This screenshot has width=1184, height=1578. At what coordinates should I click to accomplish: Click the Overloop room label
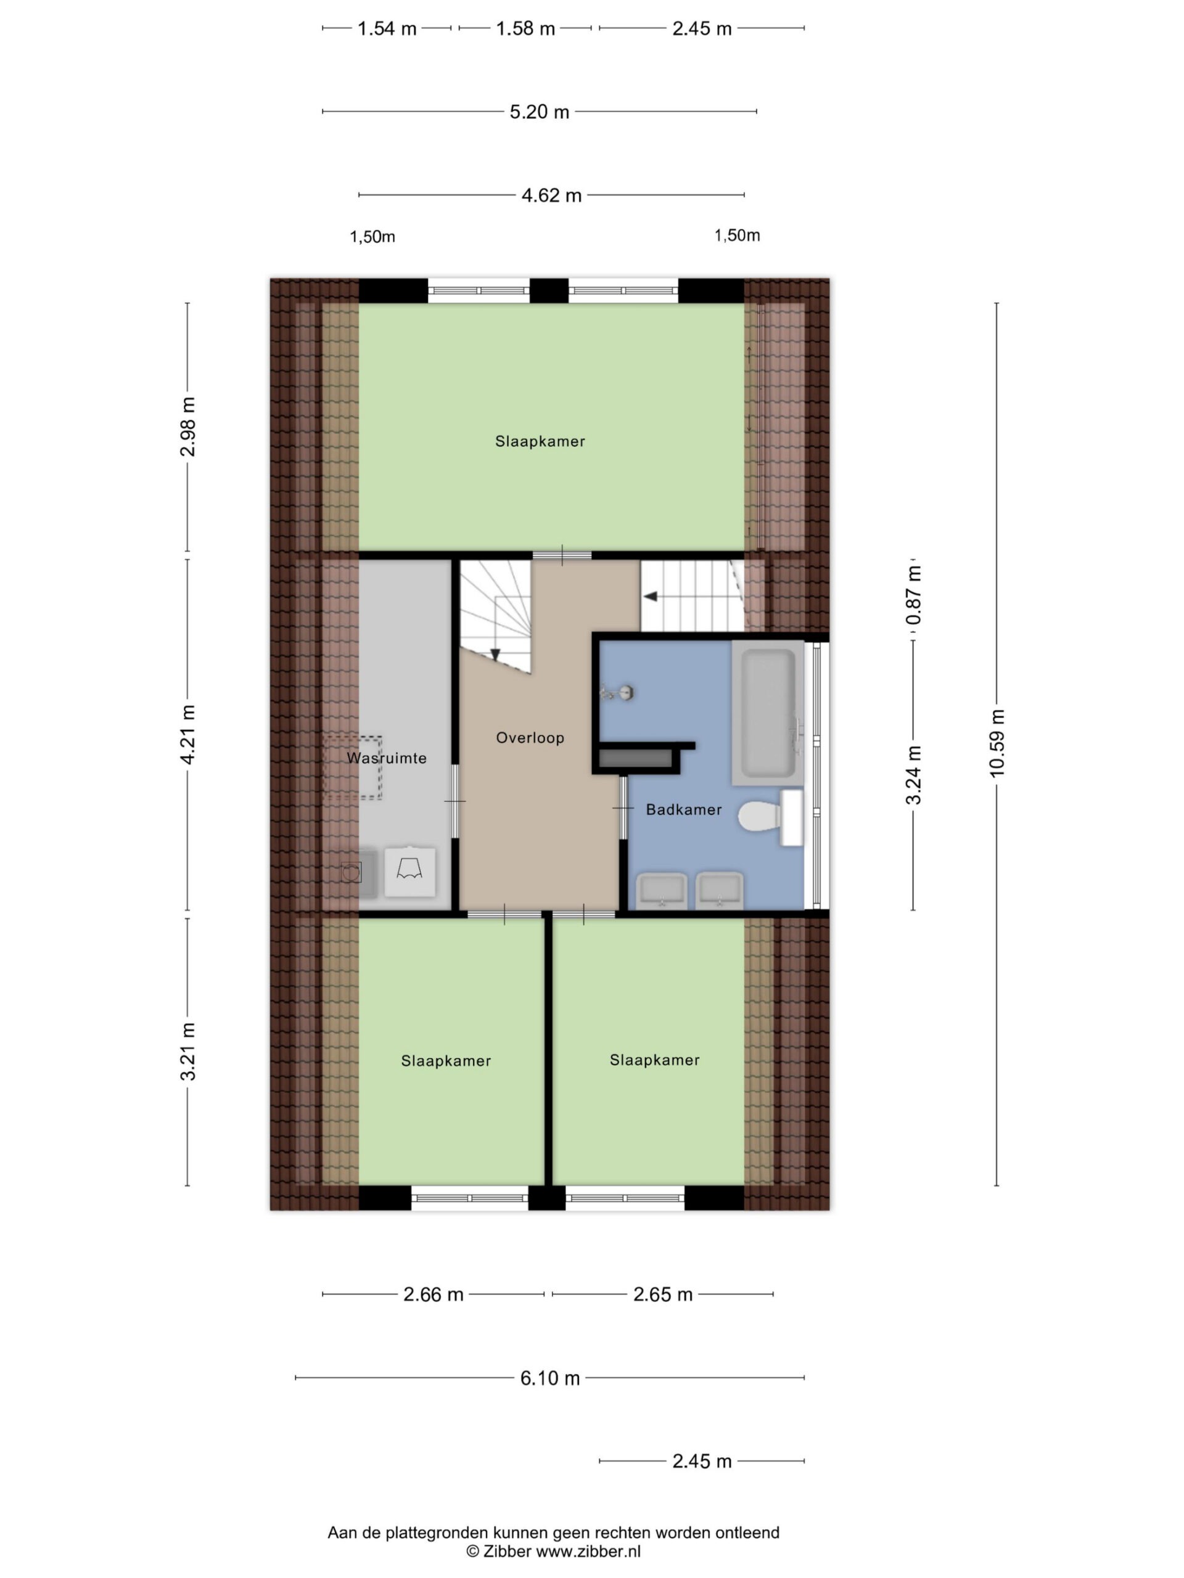[530, 738]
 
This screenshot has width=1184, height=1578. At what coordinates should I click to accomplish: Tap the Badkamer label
[683, 809]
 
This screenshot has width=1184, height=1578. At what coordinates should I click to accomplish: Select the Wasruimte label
[387, 758]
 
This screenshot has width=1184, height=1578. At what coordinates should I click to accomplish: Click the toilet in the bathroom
[770, 817]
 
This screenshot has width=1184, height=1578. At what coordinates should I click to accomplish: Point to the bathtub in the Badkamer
[768, 713]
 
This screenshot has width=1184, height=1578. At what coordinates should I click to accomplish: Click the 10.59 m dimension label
[997, 743]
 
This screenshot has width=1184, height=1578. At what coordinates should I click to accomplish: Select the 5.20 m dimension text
[540, 112]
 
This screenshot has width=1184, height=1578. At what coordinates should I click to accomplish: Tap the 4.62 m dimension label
[552, 195]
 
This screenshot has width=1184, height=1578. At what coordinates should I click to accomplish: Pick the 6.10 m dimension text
[549, 1378]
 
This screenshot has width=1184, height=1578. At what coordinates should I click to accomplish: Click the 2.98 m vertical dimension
[187, 427]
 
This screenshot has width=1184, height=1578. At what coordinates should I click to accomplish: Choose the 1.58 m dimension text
[525, 28]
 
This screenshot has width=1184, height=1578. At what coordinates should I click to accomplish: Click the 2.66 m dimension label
[433, 1294]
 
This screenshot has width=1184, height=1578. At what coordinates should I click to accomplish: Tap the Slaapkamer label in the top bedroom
[540, 441]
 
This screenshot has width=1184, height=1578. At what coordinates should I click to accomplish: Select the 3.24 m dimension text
[913, 775]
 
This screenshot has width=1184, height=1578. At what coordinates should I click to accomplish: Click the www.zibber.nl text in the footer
[589, 1551]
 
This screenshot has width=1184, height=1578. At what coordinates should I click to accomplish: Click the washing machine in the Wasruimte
[409, 871]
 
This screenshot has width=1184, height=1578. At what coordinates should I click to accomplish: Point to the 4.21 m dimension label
[187, 735]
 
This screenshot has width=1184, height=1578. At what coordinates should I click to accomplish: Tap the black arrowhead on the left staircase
[495, 655]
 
